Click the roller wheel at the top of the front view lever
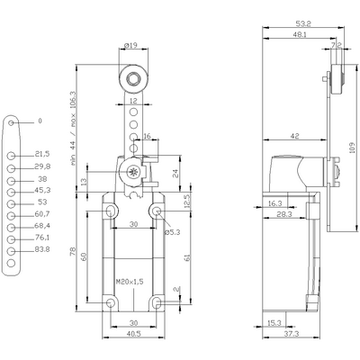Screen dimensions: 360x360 click(x=132, y=78)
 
